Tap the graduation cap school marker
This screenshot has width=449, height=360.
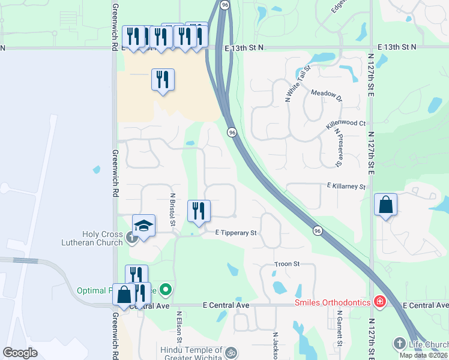[143, 226]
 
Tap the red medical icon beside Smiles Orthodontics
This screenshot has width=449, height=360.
[379, 301]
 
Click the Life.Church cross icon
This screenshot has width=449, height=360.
[400, 344]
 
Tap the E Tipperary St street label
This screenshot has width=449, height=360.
[236, 233]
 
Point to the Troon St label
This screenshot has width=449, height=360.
[286, 264]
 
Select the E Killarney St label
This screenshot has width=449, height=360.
[346, 187]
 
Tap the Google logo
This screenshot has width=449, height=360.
[20, 353]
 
